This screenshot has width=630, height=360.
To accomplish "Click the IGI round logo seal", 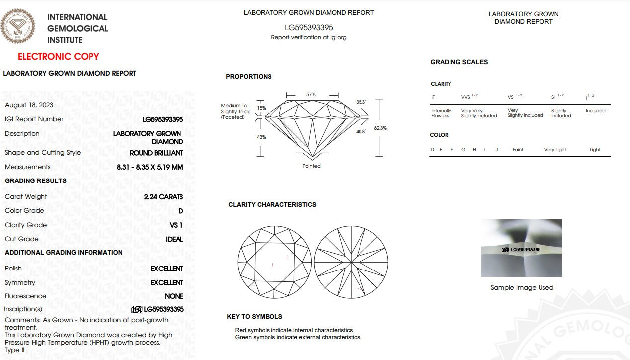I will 18,26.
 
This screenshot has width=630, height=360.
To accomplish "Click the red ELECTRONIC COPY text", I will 59,57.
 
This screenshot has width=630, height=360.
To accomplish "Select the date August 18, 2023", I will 29,105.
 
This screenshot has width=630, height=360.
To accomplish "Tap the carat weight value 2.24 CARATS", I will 163,197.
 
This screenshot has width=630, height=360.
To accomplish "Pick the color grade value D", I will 180,211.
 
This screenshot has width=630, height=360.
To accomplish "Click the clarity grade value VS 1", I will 176,225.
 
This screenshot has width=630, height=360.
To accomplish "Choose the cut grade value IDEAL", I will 174,239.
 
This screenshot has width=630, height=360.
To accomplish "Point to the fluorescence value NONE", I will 174,296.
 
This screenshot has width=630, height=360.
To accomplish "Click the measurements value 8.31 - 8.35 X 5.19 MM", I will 150,167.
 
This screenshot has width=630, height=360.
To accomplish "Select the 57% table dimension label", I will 311,94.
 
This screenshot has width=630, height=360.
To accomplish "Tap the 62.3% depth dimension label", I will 380,128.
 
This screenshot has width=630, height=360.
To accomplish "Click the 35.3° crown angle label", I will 361,102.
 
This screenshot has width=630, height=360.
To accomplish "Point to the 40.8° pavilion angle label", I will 361,132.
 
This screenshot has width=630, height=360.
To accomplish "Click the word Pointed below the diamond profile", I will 311,166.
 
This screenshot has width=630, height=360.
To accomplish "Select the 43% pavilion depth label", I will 261,137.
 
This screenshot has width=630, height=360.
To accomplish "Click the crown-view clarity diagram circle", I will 274,262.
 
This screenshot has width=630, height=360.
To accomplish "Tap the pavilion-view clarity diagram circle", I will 351,262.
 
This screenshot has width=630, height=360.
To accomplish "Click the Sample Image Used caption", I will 522,288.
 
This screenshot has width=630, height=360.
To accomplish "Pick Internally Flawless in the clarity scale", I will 441,113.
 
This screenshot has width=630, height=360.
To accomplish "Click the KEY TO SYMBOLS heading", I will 255,317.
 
